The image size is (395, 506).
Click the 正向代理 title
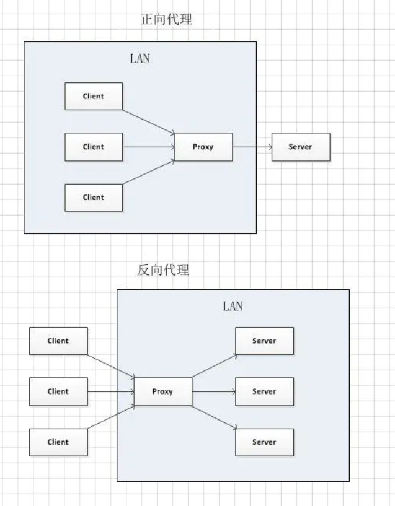(167, 20)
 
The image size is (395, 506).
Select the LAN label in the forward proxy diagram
(140, 59)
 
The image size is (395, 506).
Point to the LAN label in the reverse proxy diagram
(233, 307)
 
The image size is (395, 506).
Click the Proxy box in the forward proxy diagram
(203, 147)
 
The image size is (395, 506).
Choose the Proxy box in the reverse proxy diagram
(162, 391)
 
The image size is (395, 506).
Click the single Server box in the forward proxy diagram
(300, 147)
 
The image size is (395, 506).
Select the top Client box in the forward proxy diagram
(94, 96)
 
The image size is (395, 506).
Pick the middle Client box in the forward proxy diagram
(94, 147)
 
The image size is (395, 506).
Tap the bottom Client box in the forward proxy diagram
(94, 198)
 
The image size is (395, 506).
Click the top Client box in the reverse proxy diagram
(58, 341)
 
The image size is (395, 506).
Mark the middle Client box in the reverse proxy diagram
(58, 391)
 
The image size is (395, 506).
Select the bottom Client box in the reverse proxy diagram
(58, 442)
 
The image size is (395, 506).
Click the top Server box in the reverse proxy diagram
(264, 341)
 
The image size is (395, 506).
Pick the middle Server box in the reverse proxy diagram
(264, 391)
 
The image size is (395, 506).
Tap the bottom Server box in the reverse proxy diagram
(264, 442)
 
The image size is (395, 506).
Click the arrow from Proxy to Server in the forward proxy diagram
(252, 147)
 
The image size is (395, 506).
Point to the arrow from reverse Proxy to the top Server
(213, 365)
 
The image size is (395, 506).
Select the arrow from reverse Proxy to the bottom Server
(213, 416)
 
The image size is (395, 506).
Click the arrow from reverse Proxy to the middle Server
(213, 391)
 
